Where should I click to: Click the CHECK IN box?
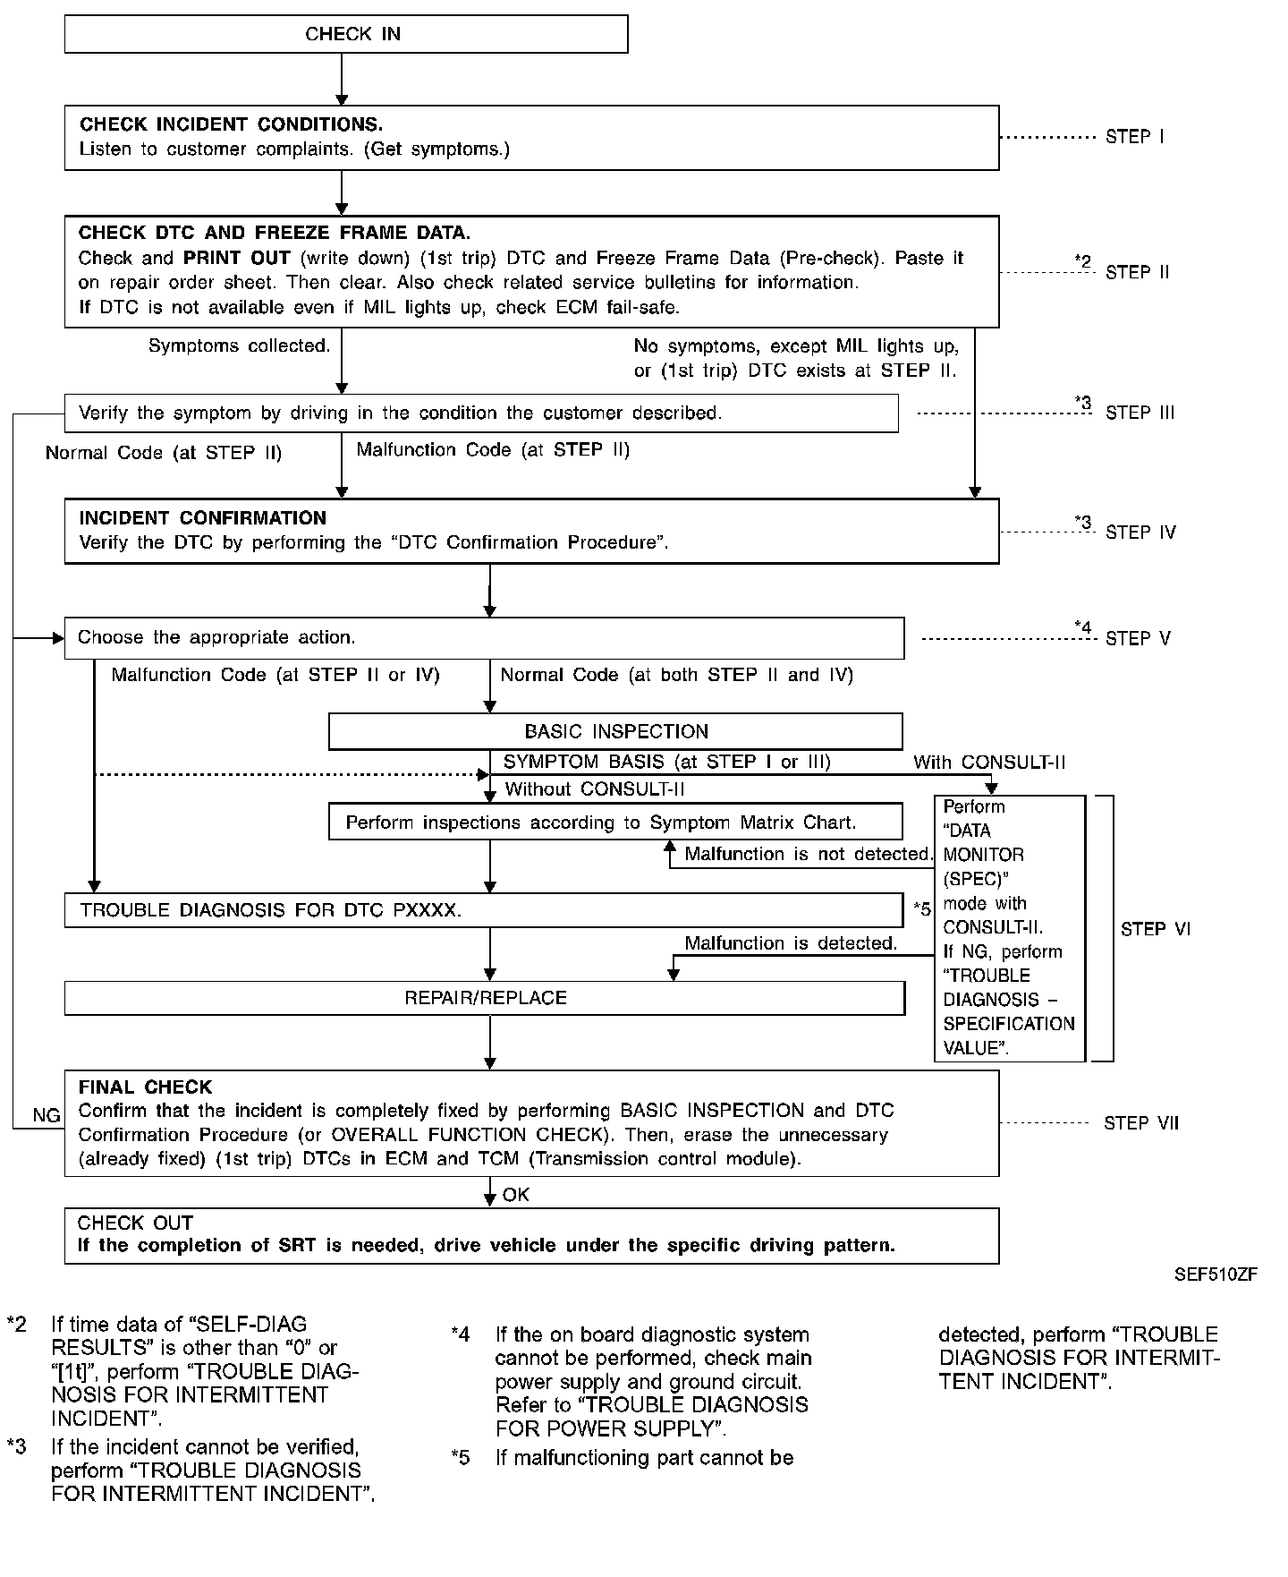(346, 34)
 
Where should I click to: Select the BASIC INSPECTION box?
(615, 731)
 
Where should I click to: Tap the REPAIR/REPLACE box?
(485, 998)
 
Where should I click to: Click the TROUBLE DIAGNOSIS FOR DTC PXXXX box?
(483, 910)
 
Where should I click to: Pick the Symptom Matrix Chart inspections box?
(615, 822)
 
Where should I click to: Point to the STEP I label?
(1134, 137)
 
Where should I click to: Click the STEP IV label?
(1140, 533)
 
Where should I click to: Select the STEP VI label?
(1155, 929)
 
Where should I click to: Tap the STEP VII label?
(1141, 1123)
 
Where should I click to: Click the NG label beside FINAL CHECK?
(47, 1115)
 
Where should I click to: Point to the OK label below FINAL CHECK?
(515, 1195)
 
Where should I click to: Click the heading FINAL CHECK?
(145, 1087)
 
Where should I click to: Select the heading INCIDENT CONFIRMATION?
(203, 518)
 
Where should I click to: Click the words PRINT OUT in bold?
(237, 259)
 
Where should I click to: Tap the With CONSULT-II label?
(989, 763)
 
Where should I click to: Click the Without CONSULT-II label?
(595, 788)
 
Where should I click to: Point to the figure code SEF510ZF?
(1216, 1274)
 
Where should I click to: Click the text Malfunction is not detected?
(809, 854)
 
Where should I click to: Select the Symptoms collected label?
(239, 345)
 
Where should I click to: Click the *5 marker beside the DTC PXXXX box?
(922, 909)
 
